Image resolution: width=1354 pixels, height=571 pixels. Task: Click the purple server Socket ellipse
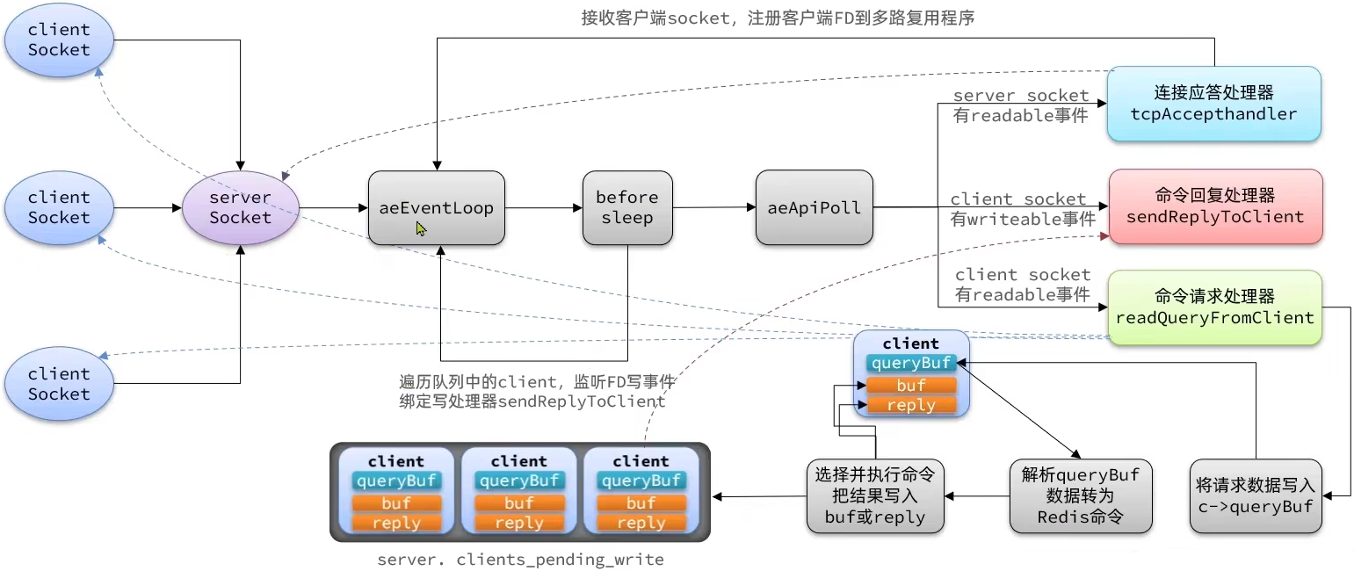point(241,207)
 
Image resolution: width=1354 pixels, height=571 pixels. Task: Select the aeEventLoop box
point(437,208)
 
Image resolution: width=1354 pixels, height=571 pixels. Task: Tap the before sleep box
point(627,208)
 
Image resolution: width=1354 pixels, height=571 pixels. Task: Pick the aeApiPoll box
point(815,208)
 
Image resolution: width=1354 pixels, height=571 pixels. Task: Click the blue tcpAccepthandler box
point(1213,104)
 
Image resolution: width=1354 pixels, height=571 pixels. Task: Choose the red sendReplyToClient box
point(1215,206)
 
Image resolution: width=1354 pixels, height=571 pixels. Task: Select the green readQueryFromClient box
point(1215,307)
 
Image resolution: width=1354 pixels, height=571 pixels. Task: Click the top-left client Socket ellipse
point(59,40)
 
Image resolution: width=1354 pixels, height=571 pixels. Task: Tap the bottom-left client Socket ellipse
point(59,384)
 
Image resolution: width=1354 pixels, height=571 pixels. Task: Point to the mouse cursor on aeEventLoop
point(421,228)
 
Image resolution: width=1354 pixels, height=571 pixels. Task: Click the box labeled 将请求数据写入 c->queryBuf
point(1256,496)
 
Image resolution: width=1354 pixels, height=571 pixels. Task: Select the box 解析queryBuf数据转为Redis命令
point(1080,496)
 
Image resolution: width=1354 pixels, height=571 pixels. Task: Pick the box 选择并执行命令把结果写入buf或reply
point(874,496)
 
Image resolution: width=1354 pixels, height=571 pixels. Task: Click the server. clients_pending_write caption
point(520,560)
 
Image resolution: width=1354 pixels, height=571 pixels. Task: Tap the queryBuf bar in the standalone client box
point(911,363)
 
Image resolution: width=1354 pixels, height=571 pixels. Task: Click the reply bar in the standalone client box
point(911,405)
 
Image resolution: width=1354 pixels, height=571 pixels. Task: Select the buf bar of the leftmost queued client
point(396,503)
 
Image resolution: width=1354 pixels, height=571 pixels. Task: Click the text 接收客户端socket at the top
point(655,18)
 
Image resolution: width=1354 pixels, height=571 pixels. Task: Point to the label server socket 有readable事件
point(1020,105)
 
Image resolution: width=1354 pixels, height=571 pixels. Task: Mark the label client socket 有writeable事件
point(1022,209)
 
